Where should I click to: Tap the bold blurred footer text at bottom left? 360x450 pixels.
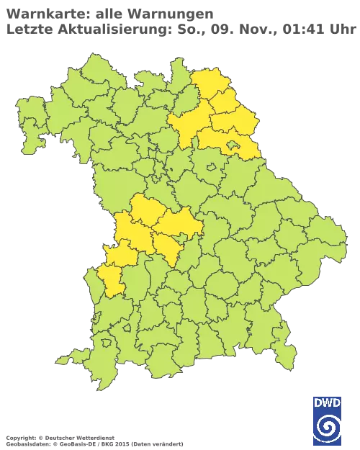[x=58, y=436]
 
